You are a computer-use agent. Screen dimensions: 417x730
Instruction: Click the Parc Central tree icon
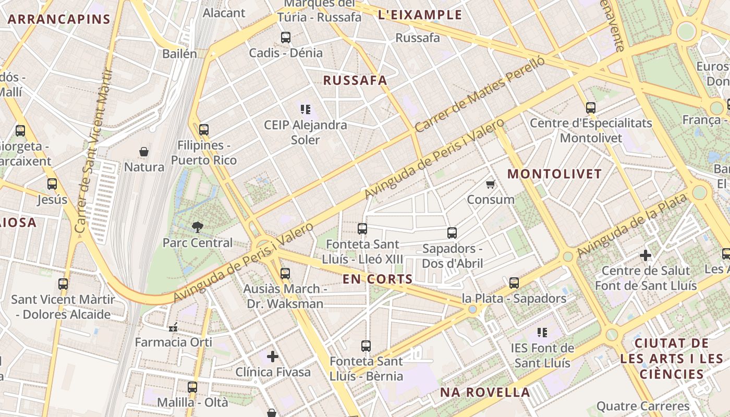click(x=198, y=227)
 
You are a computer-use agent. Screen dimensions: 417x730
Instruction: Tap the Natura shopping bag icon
click(x=144, y=152)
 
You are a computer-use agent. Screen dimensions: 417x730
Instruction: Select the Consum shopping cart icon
click(x=490, y=184)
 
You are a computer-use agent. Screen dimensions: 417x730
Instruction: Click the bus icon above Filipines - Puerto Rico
click(x=204, y=129)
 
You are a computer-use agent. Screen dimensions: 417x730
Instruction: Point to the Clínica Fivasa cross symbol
click(x=273, y=357)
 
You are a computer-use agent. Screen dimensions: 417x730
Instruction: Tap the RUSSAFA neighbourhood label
click(x=355, y=80)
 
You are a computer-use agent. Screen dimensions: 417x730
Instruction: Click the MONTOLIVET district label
click(x=554, y=174)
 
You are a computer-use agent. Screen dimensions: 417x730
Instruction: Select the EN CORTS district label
click(x=378, y=279)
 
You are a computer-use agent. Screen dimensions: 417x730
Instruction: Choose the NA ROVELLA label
click(x=485, y=392)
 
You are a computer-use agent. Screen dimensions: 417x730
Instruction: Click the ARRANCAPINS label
click(x=59, y=20)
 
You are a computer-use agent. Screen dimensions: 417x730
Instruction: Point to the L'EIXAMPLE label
click(x=420, y=15)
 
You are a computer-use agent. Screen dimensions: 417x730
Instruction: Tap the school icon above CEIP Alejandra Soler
click(x=306, y=109)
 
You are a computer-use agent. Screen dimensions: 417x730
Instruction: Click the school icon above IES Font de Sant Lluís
click(x=542, y=332)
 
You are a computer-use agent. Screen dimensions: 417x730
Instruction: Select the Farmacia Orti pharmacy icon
click(x=173, y=327)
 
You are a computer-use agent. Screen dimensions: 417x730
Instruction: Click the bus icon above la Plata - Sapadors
click(x=514, y=283)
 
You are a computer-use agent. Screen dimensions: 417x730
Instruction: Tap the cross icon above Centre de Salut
click(x=646, y=255)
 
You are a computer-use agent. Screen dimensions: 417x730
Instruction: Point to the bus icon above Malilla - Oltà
click(x=192, y=387)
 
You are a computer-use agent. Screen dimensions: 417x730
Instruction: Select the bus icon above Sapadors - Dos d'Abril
click(x=452, y=233)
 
